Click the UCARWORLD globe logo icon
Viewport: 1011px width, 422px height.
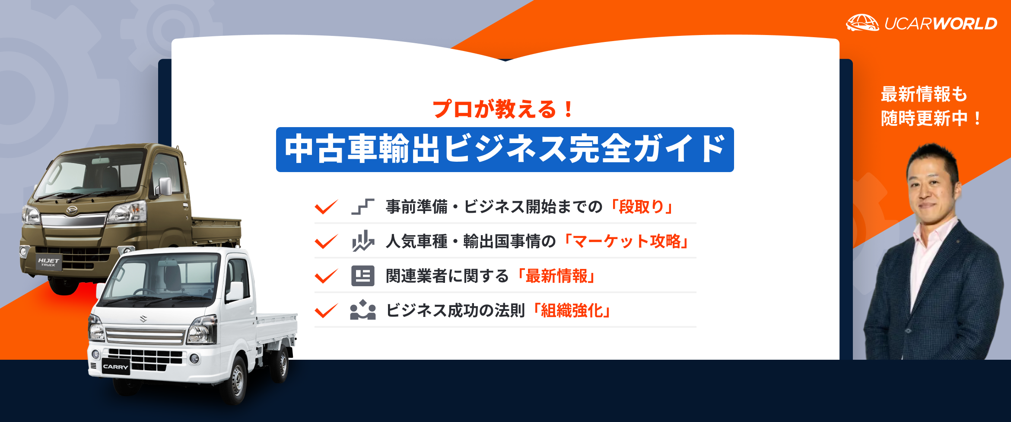tap(862, 22)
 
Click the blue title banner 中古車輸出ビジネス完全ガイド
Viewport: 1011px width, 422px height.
tap(505, 150)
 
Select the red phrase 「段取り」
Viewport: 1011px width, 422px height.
tap(641, 207)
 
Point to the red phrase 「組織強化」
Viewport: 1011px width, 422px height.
tap(572, 310)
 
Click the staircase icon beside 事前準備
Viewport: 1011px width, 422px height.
tap(362, 207)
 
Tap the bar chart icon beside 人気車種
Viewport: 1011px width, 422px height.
tap(362, 241)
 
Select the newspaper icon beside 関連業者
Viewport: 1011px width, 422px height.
tap(362, 276)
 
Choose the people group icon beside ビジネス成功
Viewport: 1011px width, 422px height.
tap(362, 310)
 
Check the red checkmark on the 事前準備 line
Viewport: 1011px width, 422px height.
tap(326, 207)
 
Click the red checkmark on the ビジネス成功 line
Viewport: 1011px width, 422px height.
tap(326, 310)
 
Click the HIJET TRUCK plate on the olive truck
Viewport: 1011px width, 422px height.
tap(48, 262)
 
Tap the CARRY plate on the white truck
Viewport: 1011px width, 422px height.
tap(115, 367)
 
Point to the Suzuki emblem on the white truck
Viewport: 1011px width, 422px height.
tap(143, 319)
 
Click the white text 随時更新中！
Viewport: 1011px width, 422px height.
tap(931, 118)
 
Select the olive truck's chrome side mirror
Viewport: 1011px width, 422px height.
tap(165, 186)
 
